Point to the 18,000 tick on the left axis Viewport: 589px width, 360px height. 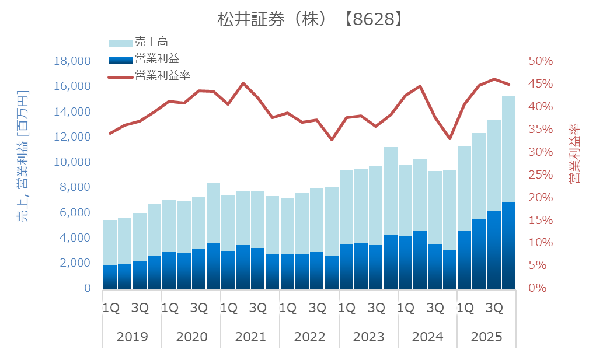[72, 61]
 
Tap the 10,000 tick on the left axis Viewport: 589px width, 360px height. [72, 162]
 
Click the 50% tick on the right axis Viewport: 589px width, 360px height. [540, 61]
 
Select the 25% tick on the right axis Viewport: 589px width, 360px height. [540, 175]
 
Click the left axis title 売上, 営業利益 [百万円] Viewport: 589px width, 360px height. [22, 156]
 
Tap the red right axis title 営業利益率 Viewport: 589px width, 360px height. [574, 153]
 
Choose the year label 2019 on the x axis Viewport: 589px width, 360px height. [132, 337]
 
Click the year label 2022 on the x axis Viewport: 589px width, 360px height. [309, 337]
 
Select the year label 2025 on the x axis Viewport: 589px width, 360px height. [486, 337]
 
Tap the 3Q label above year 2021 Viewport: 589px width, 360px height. [257, 307]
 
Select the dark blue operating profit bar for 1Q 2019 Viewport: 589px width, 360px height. [110, 277]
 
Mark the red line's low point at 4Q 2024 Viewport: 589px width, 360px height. [449, 138]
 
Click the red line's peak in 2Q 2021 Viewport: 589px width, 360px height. [243, 83]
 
